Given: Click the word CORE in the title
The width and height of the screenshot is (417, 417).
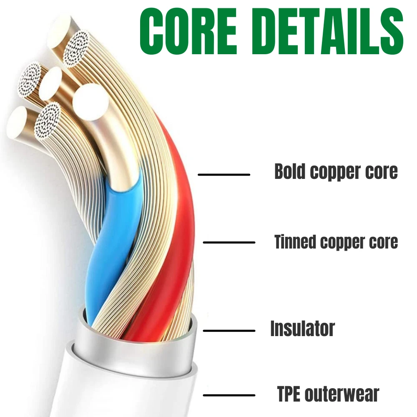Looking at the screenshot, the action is (188, 31).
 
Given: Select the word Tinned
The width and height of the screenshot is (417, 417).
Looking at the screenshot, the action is (295, 241).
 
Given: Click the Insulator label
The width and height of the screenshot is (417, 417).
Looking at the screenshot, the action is (303, 329).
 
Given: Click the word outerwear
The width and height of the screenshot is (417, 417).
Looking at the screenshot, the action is (342, 394).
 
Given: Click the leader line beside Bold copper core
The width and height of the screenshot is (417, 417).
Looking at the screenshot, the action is (224, 175).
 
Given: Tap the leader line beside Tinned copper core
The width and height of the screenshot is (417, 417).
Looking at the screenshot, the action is (229, 242).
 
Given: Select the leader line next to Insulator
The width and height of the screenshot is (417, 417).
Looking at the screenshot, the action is (229, 331).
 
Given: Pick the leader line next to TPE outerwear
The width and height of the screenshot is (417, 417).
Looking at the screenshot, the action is (229, 395).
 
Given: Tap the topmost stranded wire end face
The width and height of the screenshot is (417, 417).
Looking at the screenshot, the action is (76, 49).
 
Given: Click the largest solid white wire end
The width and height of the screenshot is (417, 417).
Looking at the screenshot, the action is (90, 102).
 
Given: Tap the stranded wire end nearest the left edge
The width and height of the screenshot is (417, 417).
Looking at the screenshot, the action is (30, 80).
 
